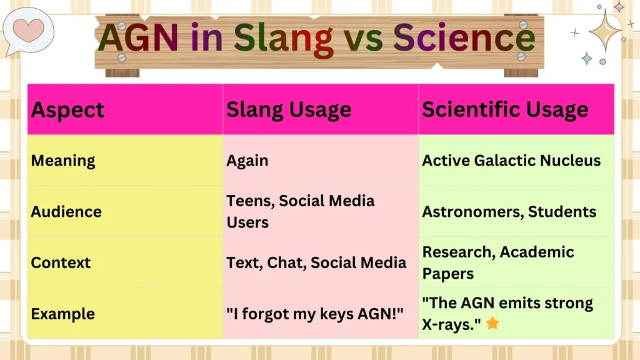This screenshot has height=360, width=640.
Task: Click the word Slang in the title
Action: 283,38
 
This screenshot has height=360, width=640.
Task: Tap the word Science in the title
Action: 464,38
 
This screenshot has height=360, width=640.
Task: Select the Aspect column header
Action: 67,109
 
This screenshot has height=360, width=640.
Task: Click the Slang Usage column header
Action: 288,109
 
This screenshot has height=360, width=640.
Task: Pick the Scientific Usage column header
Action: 505,109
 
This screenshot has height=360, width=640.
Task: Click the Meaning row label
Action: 63,161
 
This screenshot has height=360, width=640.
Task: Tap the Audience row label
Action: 66,212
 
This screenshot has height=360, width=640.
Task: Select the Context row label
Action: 61,262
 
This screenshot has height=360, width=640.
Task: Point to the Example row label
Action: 63,314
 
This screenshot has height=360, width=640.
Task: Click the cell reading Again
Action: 247,161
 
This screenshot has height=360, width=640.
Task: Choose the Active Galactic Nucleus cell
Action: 511,161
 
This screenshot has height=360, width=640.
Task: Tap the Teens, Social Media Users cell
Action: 300,212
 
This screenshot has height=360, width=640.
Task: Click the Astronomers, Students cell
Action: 509,212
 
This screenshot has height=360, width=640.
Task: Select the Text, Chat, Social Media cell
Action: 316,262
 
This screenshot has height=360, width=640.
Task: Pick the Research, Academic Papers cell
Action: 497,262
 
